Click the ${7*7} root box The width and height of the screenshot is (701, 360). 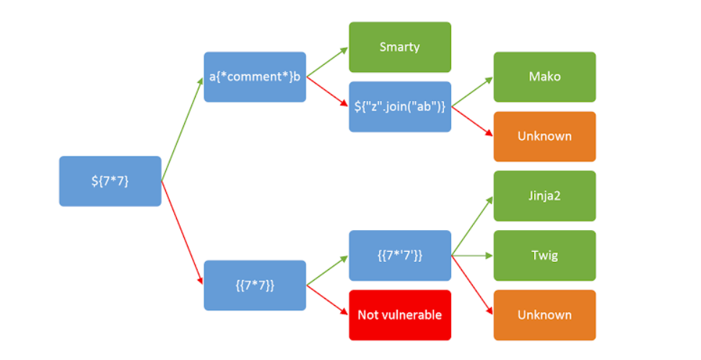click(110, 181)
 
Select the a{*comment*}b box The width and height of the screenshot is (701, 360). click(254, 76)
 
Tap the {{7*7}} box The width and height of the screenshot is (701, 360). click(254, 285)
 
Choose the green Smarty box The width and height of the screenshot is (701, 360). click(400, 47)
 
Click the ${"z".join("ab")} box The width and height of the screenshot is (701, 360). click(400, 107)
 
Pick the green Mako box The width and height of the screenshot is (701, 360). click(544, 76)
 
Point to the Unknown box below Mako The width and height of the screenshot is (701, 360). click(544, 136)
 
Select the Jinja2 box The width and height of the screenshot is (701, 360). click(544, 196)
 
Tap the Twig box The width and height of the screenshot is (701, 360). click(544, 255)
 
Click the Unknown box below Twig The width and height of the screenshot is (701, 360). click(544, 315)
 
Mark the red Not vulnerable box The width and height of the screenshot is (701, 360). click(400, 315)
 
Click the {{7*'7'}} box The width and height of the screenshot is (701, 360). click(400, 255)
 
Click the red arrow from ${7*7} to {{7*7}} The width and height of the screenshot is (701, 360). click(182, 232)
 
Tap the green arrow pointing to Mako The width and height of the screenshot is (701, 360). click(473, 92)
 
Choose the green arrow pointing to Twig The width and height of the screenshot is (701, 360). click(473, 255)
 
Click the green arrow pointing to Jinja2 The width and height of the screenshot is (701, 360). click(473, 226)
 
